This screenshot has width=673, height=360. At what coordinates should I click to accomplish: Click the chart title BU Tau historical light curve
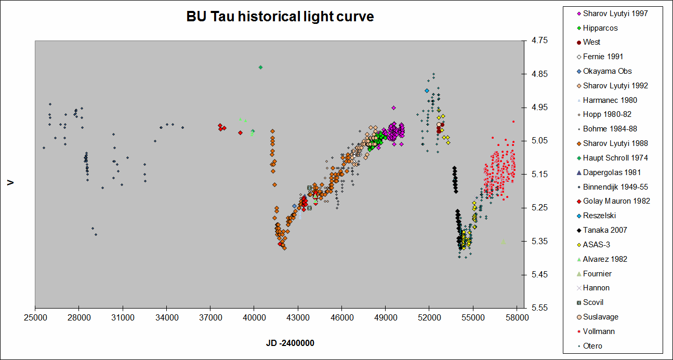pyautogui.click(x=280, y=17)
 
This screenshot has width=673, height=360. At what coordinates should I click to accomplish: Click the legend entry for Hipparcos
pyautogui.click(x=600, y=28)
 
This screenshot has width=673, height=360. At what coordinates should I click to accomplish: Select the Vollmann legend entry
pyautogui.click(x=599, y=331)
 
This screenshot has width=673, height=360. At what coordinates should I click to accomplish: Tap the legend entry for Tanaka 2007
pyautogui.click(x=605, y=230)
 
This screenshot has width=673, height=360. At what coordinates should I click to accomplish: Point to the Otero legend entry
pyautogui.click(x=592, y=346)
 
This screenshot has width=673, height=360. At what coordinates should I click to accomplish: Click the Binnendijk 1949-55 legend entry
pyautogui.click(x=615, y=187)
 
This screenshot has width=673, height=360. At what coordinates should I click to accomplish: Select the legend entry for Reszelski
pyautogui.click(x=601, y=216)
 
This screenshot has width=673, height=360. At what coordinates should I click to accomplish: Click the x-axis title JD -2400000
pyautogui.click(x=291, y=343)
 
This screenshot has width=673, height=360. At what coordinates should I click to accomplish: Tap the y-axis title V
pyautogui.click(x=10, y=183)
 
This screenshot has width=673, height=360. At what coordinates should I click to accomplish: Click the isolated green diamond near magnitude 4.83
pyautogui.click(x=260, y=67)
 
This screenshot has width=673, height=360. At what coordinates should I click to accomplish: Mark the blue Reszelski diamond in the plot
pyautogui.click(x=427, y=91)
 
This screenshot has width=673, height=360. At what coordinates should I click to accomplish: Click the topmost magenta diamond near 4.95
pyautogui.click(x=393, y=108)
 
